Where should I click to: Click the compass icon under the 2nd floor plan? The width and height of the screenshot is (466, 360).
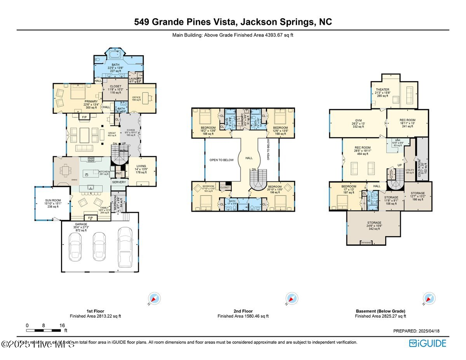coord(291,298)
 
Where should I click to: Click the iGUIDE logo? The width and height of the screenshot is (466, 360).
coord(428,343)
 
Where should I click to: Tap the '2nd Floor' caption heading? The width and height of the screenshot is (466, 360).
coord(243,311)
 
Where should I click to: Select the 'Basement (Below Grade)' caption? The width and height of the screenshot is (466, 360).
coord(380,311)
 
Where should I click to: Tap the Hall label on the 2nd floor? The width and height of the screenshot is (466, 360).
coord(249,158)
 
